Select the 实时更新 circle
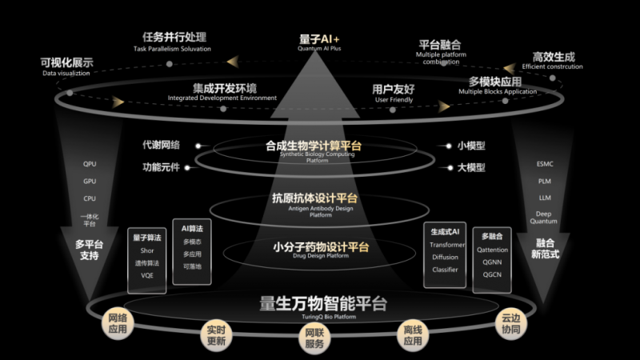tap(217, 335)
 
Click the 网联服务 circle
tap(315, 339)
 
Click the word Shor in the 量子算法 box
tap(146, 250)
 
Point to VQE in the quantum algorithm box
tap(146, 274)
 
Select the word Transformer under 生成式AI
tap(445, 244)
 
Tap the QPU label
tap(90, 164)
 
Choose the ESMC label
tap(544, 164)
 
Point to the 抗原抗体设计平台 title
tap(314, 198)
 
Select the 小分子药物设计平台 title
tap(314, 246)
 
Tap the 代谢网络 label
tap(161, 146)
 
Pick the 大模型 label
tap(471, 168)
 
